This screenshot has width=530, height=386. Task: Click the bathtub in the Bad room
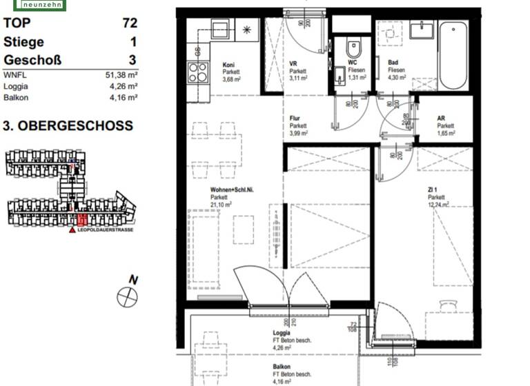point(453,55)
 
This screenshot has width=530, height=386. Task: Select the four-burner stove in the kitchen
point(197,72)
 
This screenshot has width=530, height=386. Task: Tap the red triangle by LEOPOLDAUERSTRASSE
point(71,230)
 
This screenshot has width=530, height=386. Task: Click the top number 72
point(129,23)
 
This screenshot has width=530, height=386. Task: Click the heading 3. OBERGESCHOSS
point(68,127)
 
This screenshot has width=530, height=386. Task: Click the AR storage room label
point(441,118)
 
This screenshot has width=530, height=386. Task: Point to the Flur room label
point(295,118)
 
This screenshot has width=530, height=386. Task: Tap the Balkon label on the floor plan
point(281,366)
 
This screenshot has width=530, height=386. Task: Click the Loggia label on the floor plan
point(282,332)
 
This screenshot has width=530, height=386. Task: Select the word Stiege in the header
point(24,42)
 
